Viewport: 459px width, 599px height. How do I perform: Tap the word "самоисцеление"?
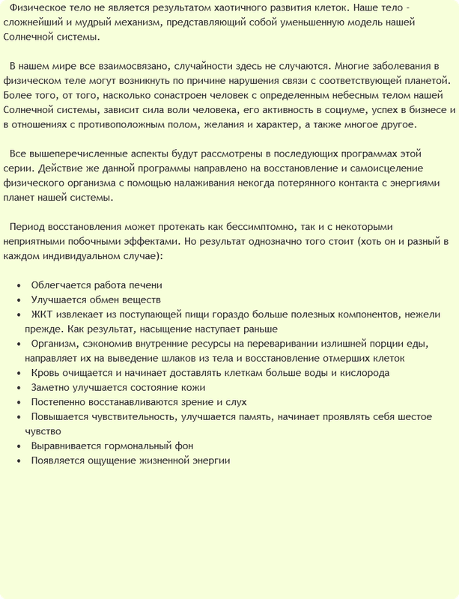(407, 167)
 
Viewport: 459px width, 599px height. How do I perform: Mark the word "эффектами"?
(156, 240)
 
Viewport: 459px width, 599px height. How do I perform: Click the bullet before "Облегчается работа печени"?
(19, 285)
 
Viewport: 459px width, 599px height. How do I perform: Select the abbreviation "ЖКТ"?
(41, 314)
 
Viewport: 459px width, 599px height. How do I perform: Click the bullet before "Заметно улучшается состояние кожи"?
(19, 387)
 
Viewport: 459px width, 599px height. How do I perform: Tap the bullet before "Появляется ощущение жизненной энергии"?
(19, 460)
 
